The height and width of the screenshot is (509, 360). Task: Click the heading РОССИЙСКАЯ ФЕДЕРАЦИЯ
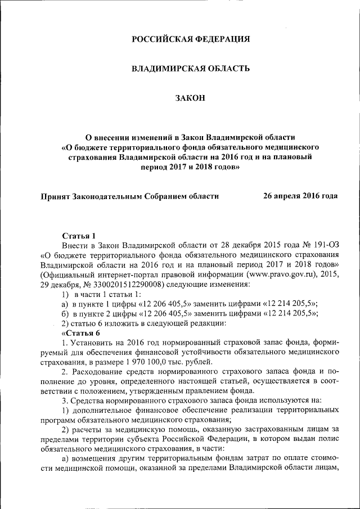pos(190,39)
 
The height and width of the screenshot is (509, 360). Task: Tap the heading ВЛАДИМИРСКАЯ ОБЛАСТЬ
pos(190,69)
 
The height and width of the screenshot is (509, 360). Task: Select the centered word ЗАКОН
pos(190,98)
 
